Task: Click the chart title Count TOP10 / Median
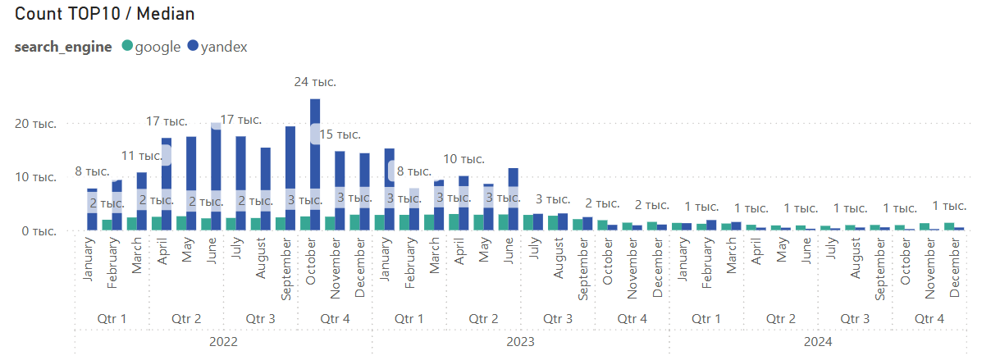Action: tap(104, 14)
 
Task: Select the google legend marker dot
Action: tap(127, 46)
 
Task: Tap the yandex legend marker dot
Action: tap(193, 46)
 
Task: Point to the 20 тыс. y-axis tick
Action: tap(36, 124)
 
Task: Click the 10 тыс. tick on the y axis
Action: tap(36, 177)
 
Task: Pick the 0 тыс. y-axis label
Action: tap(39, 231)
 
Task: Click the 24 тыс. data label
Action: tap(315, 82)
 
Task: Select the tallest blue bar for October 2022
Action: tap(315, 165)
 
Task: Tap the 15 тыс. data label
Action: tap(340, 134)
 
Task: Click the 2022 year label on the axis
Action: tap(223, 342)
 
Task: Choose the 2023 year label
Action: tap(521, 342)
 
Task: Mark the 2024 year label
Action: tap(818, 342)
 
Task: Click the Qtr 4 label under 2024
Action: tap(929, 318)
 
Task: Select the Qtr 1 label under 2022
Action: tap(112, 318)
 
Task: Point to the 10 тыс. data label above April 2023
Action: tap(463, 159)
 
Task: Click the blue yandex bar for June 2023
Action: tap(514, 199)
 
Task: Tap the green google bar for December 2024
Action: tap(949, 226)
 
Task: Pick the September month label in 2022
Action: tap(285, 269)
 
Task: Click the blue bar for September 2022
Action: tap(290, 179)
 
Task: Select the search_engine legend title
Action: tap(63, 47)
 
